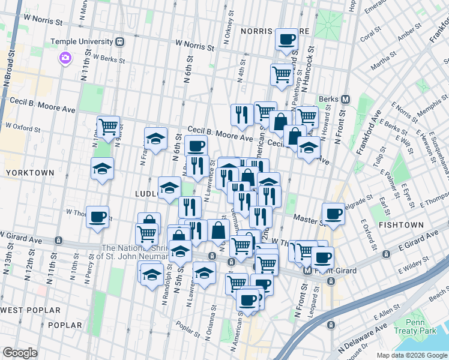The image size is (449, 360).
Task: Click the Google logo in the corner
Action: click(x=20, y=352)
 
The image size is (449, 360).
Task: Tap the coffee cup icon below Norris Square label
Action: click(x=286, y=40)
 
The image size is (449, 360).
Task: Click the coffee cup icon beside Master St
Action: click(x=333, y=213)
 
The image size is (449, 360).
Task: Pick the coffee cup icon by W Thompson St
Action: click(x=98, y=218)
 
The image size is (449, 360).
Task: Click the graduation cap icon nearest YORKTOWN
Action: click(x=102, y=169)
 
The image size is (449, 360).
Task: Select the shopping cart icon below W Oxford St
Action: click(x=108, y=127)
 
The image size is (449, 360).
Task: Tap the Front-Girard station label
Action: click(x=334, y=271)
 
